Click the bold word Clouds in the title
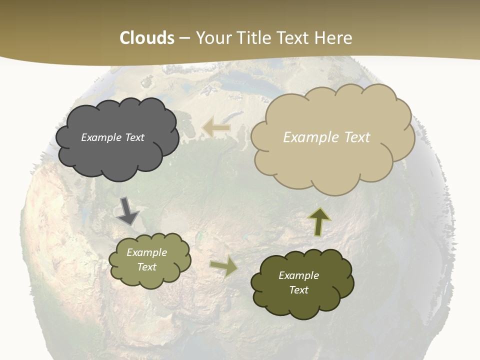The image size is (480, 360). point(147,38)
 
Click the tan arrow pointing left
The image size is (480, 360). point(216,128)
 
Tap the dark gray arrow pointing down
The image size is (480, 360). point(128,210)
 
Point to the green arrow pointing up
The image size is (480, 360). point(319,221)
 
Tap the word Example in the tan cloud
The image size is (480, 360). point(311,137)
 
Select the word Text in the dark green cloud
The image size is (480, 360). point(298,290)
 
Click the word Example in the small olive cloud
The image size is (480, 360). point(146,252)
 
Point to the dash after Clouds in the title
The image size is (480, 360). point(184,38)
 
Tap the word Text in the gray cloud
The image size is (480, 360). point(134,137)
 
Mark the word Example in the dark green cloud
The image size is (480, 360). point(298,275)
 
